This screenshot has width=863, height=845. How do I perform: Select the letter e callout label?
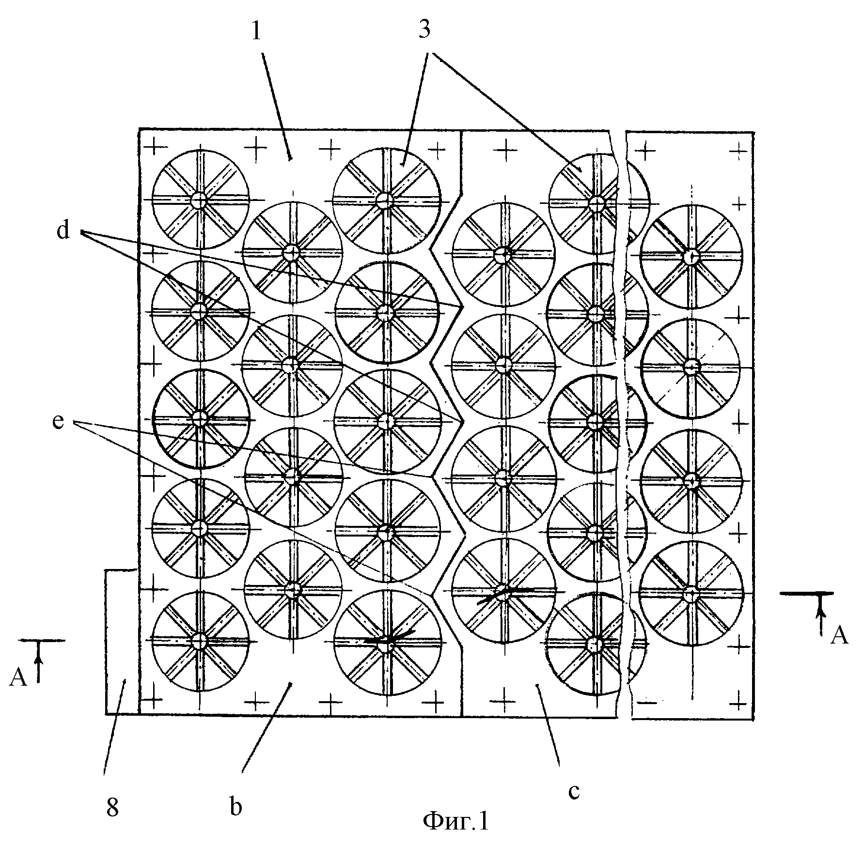pyautogui.click(x=58, y=421)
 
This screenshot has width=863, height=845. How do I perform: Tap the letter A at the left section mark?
pyautogui.click(x=18, y=678)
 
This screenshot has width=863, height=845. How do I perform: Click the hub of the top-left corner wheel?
pyautogui.click(x=199, y=200)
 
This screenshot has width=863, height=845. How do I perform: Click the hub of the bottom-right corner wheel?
pyautogui.click(x=691, y=592)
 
